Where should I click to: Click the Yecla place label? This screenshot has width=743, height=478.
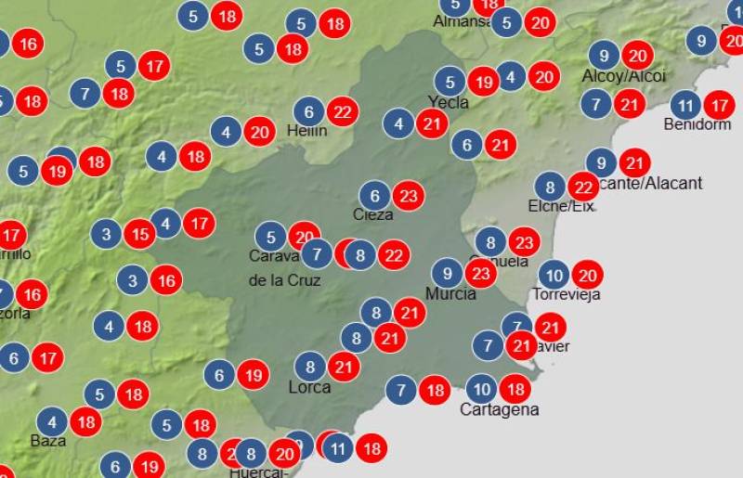pos(449,102)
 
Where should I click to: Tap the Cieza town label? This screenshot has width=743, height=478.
pos(372,214)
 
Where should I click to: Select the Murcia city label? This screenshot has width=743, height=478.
pos(450,293)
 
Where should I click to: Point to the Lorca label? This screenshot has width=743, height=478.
pos(309,387)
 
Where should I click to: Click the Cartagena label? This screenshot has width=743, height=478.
pos(500,409)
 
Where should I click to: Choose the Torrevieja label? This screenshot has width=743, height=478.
pos(567,294)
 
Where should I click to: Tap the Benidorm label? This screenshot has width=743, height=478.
pos(697,124)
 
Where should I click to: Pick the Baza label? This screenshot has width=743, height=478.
pos(48,440)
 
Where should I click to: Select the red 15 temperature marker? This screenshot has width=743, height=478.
pos(139,234)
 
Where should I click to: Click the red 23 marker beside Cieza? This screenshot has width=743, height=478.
pos(408,196)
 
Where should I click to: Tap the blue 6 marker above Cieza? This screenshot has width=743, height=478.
pos(374,196)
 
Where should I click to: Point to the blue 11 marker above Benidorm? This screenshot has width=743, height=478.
pos(685,104)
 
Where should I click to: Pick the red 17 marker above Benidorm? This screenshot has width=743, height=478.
pos(719,104)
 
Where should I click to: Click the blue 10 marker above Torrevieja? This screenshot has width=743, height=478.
pos(554,275)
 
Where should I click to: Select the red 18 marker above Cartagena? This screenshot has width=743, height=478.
pos(515,388)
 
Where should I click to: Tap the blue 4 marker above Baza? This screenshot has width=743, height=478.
pos(52,420)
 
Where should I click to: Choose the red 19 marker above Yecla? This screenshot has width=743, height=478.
pos(483,82)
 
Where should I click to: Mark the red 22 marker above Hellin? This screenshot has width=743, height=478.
pos(343,111)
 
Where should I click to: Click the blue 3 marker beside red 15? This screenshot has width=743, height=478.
pos(106,234)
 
